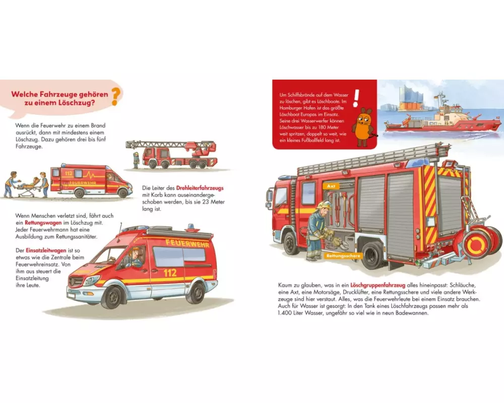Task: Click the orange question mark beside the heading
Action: pyautogui.click(x=116, y=97)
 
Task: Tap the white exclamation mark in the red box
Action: pyautogui.click(x=356, y=98)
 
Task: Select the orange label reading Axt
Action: pyautogui.click(x=331, y=186)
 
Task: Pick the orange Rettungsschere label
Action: pyautogui.click(x=343, y=256)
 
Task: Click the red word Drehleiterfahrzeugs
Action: pyautogui.click(x=200, y=188)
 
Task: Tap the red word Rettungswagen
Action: pyautogui.click(x=43, y=223)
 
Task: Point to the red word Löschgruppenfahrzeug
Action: pyautogui.click(x=377, y=285)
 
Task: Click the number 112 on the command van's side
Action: pyautogui.click(x=170, y=273)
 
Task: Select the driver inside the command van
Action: pyautogui.click(x=135, y=257)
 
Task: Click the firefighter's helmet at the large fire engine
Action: pyautogui.click(x=324, y=205)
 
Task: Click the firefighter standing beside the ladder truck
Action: pyautogui.click(x=136, y=160)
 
